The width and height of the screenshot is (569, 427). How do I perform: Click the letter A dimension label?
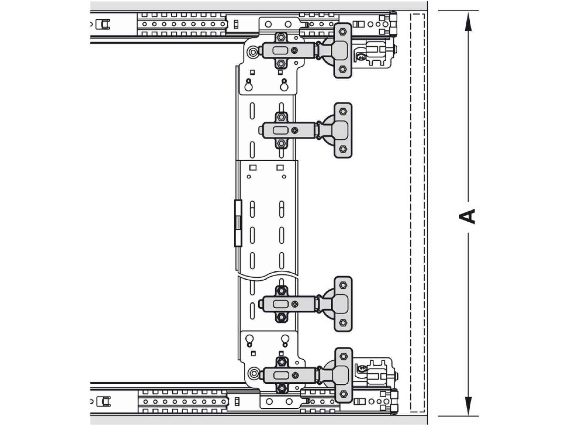467,216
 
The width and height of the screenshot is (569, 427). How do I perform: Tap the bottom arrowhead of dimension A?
468,406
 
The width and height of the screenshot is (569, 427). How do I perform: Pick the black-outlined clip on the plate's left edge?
238,223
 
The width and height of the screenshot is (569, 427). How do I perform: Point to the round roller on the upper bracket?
253,52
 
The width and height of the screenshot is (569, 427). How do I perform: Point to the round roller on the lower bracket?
254,374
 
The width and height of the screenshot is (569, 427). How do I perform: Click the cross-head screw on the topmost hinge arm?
295,50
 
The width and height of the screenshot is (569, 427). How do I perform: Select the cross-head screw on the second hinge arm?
295,130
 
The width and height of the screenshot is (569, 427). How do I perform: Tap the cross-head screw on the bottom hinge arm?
295,375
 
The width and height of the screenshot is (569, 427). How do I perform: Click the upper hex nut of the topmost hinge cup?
342,32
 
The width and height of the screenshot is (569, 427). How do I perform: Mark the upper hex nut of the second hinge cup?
343,111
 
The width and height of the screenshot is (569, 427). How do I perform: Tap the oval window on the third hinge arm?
280,304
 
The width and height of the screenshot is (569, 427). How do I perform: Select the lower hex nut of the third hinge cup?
343,323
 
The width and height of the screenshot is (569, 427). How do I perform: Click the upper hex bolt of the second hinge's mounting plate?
281,117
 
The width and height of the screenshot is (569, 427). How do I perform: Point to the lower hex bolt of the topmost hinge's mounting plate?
281,64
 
